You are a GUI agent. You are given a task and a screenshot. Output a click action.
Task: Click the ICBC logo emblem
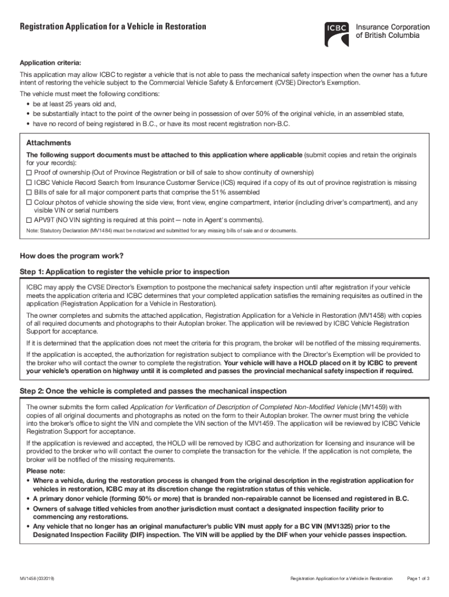[338, 34]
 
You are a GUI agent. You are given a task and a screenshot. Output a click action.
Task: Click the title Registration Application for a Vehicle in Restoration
[113, 27]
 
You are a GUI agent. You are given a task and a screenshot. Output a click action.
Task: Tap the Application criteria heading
[51, 62]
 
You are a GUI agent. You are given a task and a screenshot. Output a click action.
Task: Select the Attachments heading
[49, 143]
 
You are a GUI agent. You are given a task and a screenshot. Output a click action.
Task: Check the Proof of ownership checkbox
[30, 173]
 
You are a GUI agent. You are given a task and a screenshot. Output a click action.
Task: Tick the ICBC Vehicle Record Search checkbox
[30, 182]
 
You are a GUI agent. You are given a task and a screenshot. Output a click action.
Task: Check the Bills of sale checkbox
[30, 192]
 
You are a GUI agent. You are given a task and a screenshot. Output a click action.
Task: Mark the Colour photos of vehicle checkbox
[30, 202]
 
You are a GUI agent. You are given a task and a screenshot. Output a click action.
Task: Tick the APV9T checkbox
[30, 220]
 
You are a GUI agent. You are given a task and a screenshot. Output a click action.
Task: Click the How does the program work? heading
[72, 256]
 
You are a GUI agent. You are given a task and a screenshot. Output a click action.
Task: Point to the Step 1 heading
[125, 272]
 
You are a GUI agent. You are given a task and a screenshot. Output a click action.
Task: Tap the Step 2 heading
[153, 391]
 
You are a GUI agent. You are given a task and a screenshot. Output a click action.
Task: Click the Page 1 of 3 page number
[418, 578]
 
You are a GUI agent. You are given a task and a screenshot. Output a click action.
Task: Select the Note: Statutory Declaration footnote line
[162, 231]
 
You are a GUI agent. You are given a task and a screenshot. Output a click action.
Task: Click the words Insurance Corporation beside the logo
[392, 27]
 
